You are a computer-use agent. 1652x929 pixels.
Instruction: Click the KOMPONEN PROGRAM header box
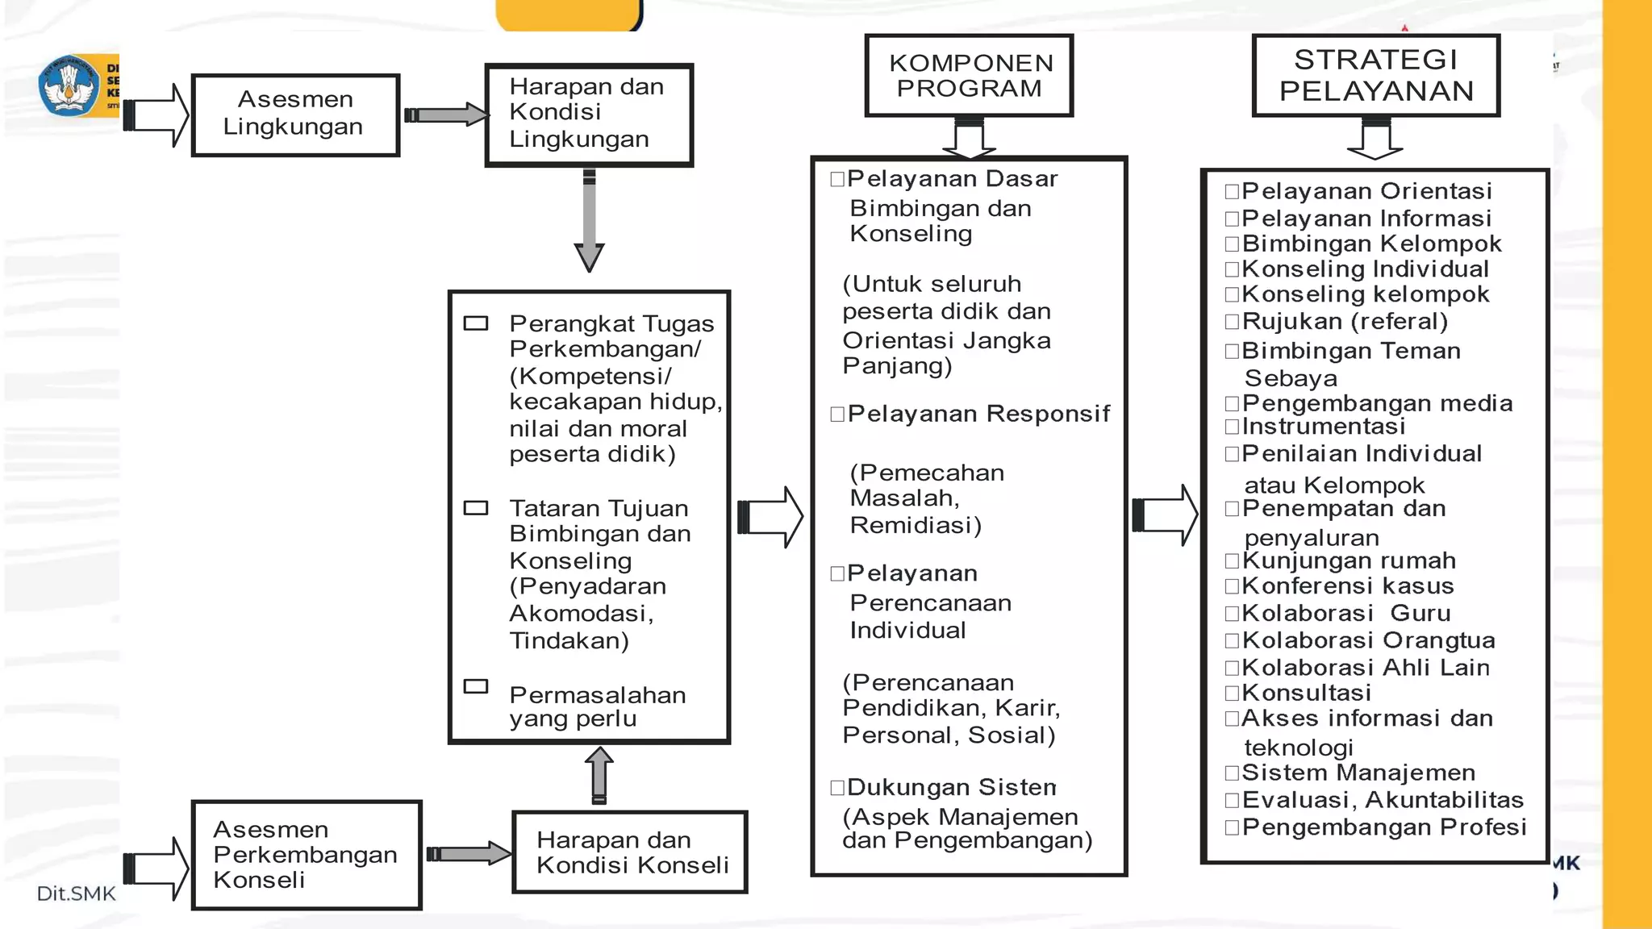pos(969,76)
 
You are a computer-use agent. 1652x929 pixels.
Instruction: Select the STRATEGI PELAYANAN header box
pos(1375,76)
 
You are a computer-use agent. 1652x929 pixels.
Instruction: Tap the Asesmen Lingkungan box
pos(295,115)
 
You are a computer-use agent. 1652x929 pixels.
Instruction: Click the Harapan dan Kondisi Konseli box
pos(630,852)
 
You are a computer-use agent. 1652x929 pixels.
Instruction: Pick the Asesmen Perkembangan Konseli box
pos(307,855)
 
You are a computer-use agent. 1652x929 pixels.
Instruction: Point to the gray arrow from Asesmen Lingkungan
pos(445,115)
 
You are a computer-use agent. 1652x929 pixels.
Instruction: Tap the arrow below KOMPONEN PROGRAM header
pos(969,137)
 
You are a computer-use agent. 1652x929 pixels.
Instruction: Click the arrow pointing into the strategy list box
pos(1165,514)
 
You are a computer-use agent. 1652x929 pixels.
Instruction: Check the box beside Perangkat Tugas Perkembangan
pos(476,323)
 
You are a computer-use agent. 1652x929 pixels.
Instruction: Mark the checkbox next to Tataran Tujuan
pos(476,508)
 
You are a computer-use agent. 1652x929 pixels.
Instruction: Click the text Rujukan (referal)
pos(1345,322)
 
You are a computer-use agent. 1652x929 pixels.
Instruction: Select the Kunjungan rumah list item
pos(1349,560)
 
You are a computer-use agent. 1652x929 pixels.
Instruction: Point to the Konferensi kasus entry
pos(1348,586)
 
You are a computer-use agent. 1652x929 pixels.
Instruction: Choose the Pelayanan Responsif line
pos(978,414)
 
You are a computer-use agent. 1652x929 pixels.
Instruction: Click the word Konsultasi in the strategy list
pos(1306,693)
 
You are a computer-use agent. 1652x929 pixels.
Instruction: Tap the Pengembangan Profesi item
pos(1383,827)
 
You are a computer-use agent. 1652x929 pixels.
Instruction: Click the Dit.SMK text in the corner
pos(76,894)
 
